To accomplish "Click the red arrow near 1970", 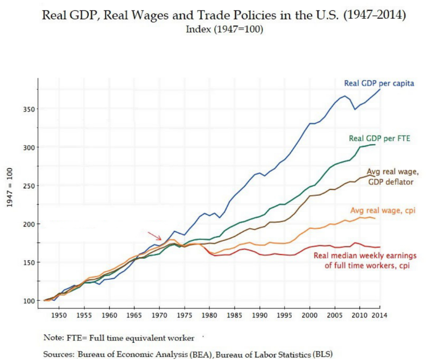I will point(155,236).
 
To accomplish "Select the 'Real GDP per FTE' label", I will point(379,138).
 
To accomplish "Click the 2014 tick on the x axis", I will point(380,314).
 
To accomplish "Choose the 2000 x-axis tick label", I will point(310,314).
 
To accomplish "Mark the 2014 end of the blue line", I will point(380,89).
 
